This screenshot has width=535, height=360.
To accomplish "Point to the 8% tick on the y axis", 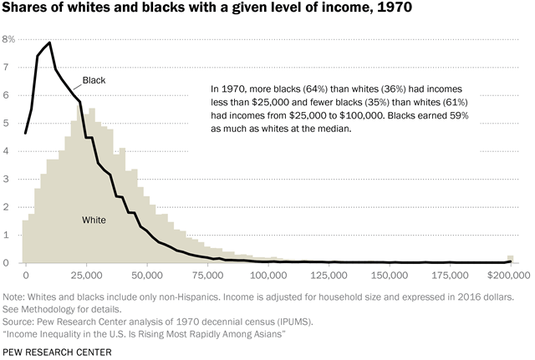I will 9,39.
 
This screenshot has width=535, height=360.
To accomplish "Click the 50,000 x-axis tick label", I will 146,274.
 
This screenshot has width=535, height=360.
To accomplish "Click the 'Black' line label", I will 94,80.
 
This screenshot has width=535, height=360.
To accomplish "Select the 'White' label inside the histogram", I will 94,220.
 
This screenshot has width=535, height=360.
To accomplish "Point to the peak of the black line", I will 50,43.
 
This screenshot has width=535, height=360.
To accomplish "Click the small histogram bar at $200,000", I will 510,259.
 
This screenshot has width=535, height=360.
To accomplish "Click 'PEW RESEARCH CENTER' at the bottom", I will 58,352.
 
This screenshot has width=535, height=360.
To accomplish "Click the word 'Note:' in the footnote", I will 16,296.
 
